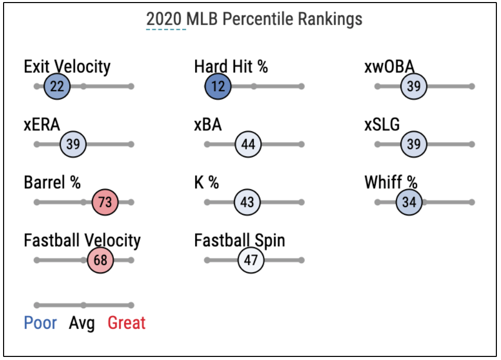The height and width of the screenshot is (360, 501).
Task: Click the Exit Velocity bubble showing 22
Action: point(57,86)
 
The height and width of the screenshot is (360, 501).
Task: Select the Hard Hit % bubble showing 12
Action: point(218,86)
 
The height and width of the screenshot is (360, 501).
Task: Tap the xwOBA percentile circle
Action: point(414,86)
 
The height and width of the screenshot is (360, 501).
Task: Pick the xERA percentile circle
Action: point(73,144)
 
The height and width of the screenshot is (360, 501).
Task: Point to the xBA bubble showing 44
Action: point(248,144)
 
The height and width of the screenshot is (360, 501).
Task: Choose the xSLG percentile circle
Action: point(414,144)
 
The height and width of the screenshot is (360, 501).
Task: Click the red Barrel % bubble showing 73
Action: point(105,202)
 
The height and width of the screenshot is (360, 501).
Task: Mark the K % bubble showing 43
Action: point(247,202)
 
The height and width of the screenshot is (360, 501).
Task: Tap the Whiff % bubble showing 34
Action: point(409,202)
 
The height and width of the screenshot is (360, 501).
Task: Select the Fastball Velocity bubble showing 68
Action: point(101,260)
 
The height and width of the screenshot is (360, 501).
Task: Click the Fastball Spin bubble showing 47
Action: point(250,260)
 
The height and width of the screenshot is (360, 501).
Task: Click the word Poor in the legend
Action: point(41,323)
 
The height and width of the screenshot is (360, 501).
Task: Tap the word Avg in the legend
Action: point(82,324)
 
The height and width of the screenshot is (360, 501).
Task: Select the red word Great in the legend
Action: point(126,323)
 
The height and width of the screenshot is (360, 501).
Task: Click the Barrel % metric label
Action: point(52,183)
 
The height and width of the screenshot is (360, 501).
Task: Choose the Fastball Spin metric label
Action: point(239,241)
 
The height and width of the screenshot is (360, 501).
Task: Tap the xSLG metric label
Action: point(382,125)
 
